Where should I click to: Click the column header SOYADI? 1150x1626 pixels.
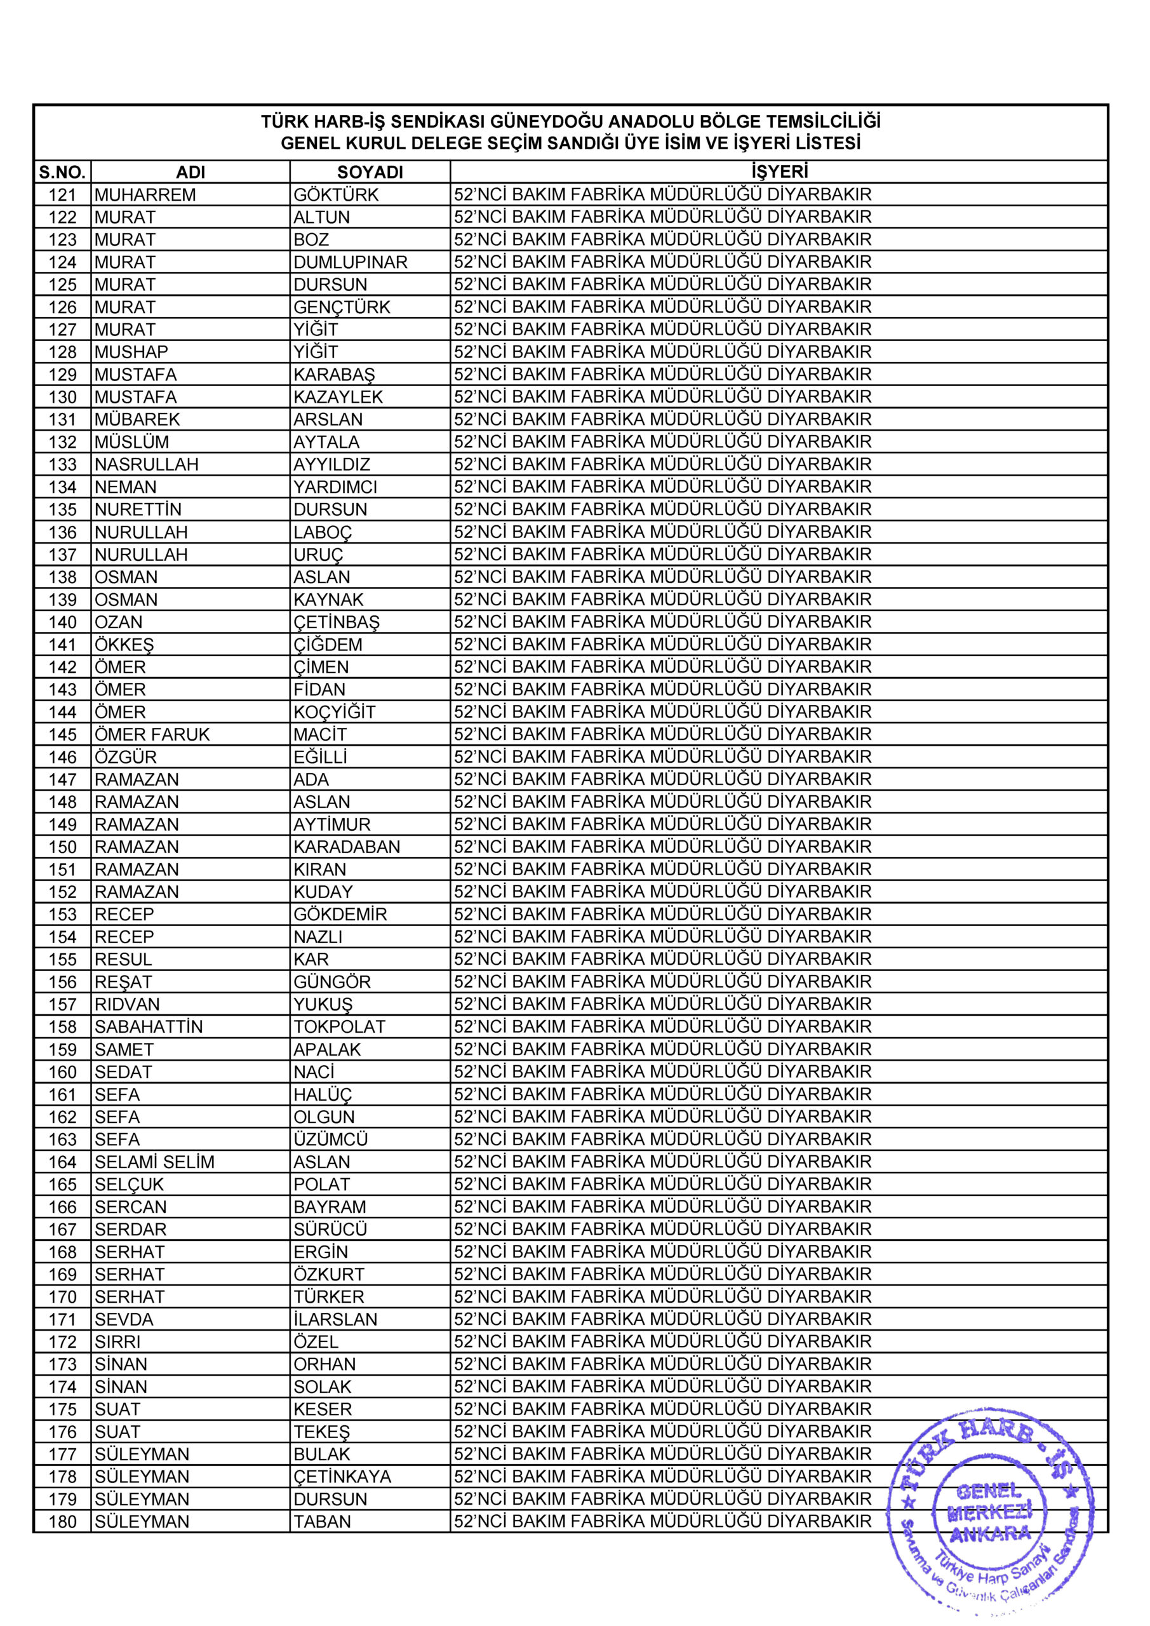coord(370,172)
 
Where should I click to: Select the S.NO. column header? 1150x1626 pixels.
coord(62,172)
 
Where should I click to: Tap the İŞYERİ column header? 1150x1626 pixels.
coord(779,171)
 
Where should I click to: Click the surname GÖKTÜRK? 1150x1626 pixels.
coord(337,195)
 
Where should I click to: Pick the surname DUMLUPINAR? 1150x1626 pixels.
coord(351,262)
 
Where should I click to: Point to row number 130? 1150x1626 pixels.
coord(62,398)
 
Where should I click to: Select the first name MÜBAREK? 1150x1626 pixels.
coord(137,420)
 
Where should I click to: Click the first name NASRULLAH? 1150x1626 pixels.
coord(147,464)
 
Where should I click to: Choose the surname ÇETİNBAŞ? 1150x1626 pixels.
coord(337,622)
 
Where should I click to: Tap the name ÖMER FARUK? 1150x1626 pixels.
coord(152,735)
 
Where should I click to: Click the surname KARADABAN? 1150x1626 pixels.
coord(347,847)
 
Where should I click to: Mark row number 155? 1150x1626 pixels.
coord(62,960)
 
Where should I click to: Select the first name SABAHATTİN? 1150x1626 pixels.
coord(149,1027)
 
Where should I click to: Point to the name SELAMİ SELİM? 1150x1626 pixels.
coord(154,1162)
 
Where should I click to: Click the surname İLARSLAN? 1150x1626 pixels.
coord(336,1319)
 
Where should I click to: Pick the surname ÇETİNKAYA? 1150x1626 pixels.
coord(343,1477)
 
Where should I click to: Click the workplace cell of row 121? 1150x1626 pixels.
coord(663,195)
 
